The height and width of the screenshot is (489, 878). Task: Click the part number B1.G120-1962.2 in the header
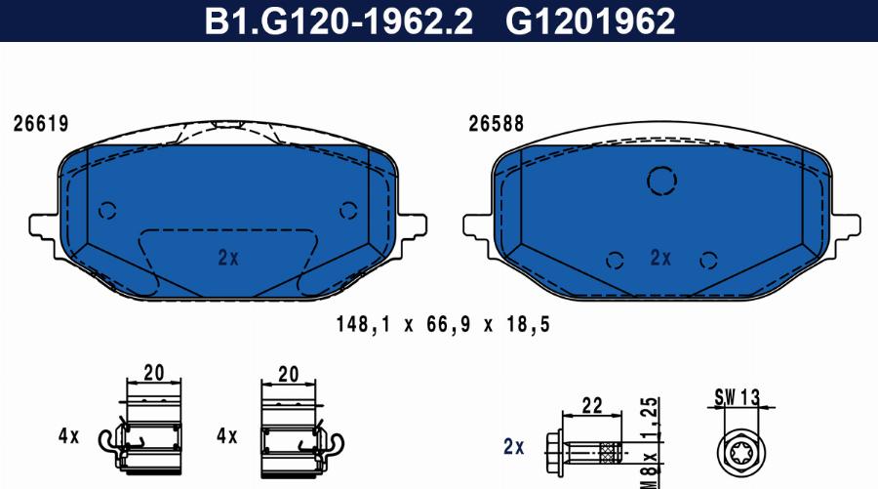tap(339, 20)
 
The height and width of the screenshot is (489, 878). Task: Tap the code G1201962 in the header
tap(590, 20)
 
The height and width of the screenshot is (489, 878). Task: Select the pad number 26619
tap(41, 124)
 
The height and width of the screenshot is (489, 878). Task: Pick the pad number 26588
tap(497, 124)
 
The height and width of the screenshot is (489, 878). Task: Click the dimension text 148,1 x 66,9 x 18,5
tap(443, 324)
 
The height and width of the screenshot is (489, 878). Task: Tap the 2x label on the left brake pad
tap(228, 258)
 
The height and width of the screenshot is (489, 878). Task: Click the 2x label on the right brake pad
tap(660, 258)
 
